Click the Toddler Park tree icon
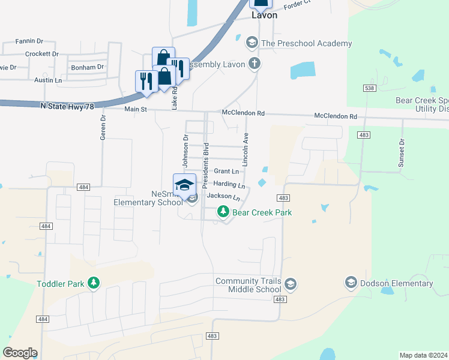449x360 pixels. coord(93,282)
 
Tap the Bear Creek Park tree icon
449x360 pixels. coord(223,212)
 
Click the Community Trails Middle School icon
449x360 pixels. coord(291,283)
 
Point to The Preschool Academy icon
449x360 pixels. coord(252,43)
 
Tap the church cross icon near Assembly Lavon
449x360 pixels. coord(255,63)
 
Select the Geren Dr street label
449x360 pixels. coord(103,127)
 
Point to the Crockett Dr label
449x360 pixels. coord(41,54)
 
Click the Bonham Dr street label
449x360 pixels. coord(88,67)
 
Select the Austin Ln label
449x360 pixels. coord(48,80)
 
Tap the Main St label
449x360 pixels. coord(135,109)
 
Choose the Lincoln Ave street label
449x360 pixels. coord(245,150)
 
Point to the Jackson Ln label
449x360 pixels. coord(223,196)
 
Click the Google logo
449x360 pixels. coord(20,353)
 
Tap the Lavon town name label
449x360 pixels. coord(264,15)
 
